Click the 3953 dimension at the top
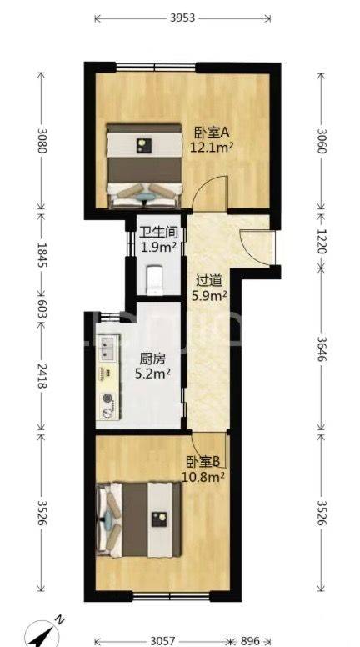pos(182,18)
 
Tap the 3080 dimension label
pos(42,141)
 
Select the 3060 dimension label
pos(321,141)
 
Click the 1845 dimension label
pos(42,254)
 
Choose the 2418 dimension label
pos(42,376)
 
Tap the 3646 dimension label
pos(321,349)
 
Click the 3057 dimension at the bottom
pos(162,641)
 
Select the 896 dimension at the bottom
pos(250,641)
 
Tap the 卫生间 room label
pos(159,233)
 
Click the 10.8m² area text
pos(203,477)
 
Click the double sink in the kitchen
pos(107,347)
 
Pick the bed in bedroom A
pos(145,165)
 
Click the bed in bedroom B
pos(139,519)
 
